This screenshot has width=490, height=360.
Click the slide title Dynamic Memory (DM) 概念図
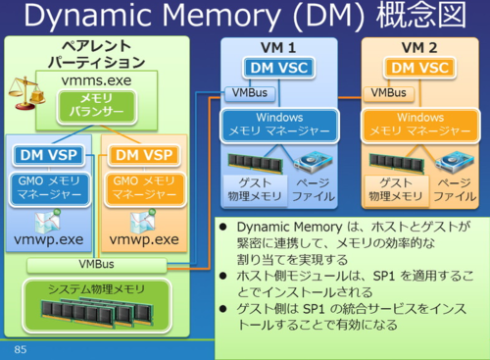(245, 18)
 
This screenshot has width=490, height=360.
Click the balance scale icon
(23, 94)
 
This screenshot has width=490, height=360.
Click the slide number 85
(20, 349)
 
